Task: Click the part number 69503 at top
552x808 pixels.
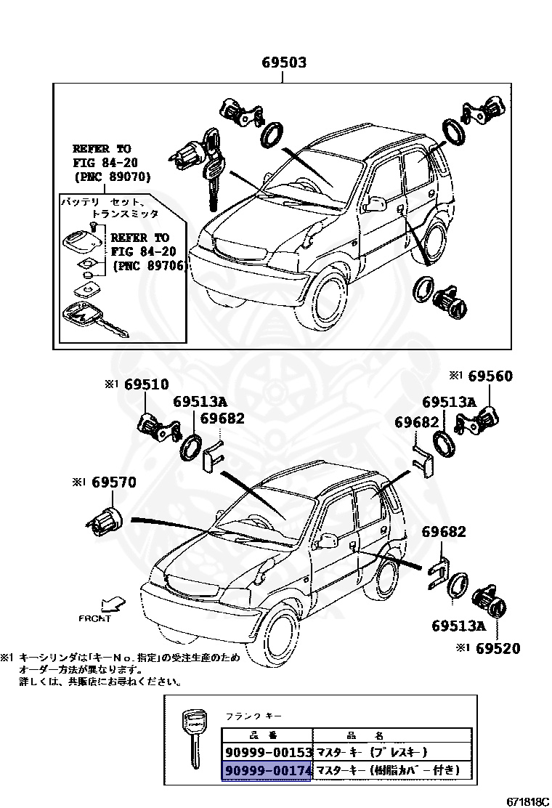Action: [x=284, y=63]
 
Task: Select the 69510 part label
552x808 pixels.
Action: [x=145, y=384]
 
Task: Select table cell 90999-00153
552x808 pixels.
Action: [x=268, y=752]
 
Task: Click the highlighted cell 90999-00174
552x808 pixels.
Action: [x=268, y=769]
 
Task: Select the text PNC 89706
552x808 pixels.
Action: [x=149, y=266]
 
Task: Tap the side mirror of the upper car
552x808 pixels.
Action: [x=375, y=203]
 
